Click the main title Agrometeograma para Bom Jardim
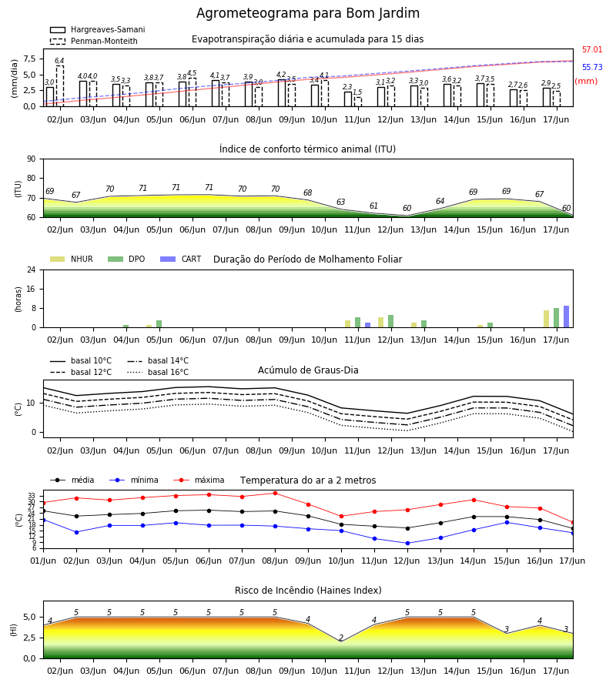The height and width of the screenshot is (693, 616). click(x=307, y=13)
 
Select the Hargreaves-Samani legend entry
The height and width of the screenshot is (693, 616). click(x=98, y=29)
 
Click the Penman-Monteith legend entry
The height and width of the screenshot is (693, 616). click(x=94, y=41)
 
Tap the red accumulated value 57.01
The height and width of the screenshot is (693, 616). click(x=592, y=49)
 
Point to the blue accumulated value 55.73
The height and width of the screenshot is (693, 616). click(x=592, y=67)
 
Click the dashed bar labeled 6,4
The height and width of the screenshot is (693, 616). click(x=59, y=86)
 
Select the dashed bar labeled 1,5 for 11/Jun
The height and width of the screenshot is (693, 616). click(x=358, y=102)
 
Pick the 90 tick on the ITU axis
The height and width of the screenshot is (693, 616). click(x=32, y=159)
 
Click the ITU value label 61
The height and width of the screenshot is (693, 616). click(x=374, y=206)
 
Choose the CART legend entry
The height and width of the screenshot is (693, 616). click(x=181, y=259)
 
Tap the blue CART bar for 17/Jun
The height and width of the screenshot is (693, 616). click(x=566, y=316)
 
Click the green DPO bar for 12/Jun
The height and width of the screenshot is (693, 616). click(x=390, y=321)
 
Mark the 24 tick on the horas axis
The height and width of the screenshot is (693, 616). click(x=32, y=269)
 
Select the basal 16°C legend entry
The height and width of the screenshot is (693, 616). click(x=158, y=372)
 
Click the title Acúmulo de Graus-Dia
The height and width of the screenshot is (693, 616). click(x=308, y=370)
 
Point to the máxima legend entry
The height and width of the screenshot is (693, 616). click(x=199, y=480)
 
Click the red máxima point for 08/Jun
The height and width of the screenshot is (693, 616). click(x=276, y=494)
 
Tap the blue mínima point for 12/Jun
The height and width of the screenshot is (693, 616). click(x=407, y=543)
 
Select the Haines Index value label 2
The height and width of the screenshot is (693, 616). click(x=341, y=638)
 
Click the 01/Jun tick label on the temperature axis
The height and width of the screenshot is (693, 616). click(x=43, y=561)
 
